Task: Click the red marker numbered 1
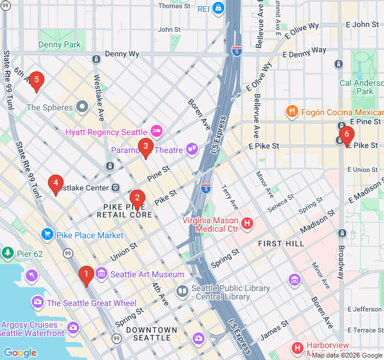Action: [86, 275]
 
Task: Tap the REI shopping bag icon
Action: [217, 8]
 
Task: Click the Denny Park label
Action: [59, 44]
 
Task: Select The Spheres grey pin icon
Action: [83, 108]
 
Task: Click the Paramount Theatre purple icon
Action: [191, 149]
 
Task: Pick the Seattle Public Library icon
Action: [182, 291]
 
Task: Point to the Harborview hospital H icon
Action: [297, 348]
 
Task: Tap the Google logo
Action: [20, 353]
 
